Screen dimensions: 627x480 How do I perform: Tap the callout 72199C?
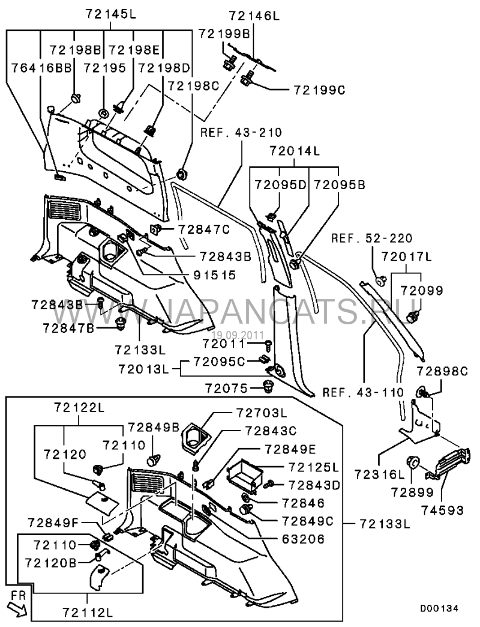coord(320,90)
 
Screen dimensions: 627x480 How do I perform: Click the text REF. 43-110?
coord(355,393)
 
